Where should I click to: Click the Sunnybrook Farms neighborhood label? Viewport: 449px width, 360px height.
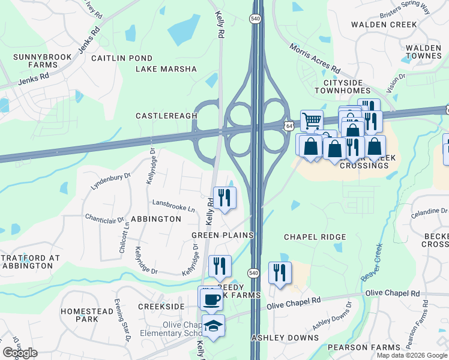pyautogui.click(x=43, y=61)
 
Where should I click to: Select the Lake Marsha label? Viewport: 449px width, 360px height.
pyautogui.click(x=166, y=69)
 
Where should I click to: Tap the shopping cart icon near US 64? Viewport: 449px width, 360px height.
pyautogui.click(x=312, y=121)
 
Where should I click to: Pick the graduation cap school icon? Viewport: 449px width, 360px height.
pyautogui.click(x=213, y=326)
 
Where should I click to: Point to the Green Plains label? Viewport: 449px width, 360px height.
pyautogui.click(x=222, y=235)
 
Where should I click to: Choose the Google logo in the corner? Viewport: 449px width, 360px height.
pyautogui.click(x=20, y=353)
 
